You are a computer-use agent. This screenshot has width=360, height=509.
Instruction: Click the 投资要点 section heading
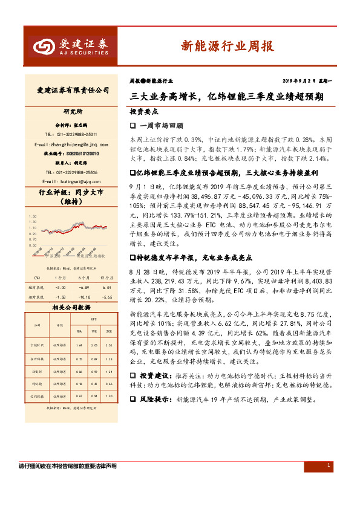tap(144, 112)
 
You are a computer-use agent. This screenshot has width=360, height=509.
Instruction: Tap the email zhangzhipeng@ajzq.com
tap(72, 145)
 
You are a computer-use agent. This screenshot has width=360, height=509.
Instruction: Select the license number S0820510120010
tap(78, 154)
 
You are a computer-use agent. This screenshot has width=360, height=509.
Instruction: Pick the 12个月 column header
tap(107, 277)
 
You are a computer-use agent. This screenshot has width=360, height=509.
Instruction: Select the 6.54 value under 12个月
tap(107, 288)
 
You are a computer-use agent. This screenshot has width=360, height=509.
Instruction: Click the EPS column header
tap(94, 318)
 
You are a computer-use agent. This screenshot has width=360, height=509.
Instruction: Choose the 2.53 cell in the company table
tap(110, 345)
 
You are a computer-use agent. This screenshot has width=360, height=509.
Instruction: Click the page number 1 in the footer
tap(328, 465)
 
